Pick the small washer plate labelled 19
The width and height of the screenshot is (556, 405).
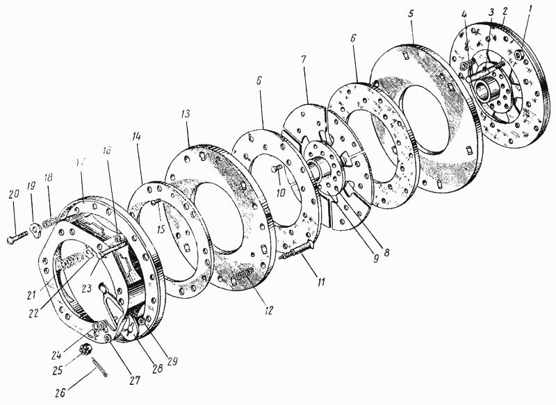[37, 227]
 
